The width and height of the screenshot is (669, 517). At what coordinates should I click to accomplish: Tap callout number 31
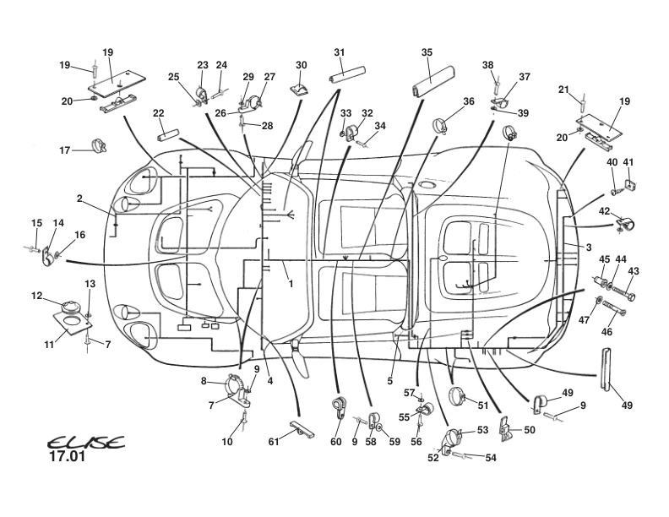[339, 52]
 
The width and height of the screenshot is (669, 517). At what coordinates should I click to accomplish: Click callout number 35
[427, 52]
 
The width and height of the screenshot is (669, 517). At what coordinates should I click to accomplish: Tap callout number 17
[65, 150]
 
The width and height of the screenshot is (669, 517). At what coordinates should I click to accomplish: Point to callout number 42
[604, 210]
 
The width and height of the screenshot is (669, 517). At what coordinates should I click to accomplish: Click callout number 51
[483, 405]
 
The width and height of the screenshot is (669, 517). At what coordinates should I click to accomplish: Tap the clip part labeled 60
[338, 406]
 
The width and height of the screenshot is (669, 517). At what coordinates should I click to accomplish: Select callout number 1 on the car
[290, 284]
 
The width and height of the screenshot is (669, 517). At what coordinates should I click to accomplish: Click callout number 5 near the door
[390, 381]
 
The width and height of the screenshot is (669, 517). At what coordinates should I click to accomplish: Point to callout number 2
[79, 199]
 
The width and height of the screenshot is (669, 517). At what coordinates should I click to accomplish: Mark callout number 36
[469, 101]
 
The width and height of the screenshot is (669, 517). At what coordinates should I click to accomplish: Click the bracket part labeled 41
[628, 183]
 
